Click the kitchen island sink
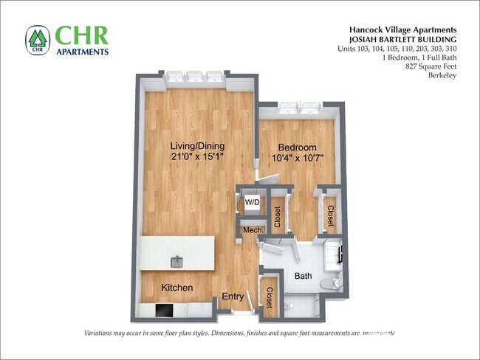point(178,261)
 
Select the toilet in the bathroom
point(335,281)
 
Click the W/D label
point(253,201)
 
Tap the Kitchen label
point(177,287)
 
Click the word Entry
point(233,297)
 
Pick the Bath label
point(303,277)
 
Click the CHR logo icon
point(36,41)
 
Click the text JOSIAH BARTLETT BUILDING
point(402,39)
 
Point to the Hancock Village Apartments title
point(402,30)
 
